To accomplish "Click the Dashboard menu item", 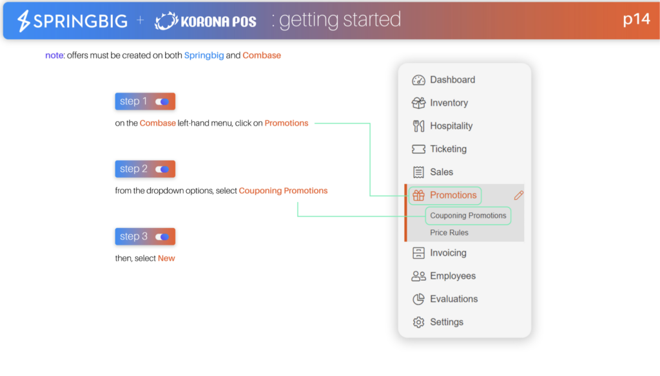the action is (443, 80).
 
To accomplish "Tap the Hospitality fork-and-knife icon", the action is (418, 126).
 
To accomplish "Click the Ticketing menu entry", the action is (440, 149).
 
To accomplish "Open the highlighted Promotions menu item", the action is (445, 196).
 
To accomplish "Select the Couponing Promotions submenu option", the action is (468, 216).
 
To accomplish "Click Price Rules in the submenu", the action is (449, 232).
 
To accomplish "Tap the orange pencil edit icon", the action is (519, 195).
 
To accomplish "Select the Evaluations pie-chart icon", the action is (418, 299).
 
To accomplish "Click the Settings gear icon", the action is (418, 322).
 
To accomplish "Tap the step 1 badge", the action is (145, 101).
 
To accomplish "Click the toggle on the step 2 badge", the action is (162, 169).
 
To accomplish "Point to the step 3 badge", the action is (145, 236).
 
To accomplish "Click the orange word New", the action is (166, 258).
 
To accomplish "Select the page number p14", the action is (636, 19).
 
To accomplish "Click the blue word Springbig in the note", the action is (204, 55).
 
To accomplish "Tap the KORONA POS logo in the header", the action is (206, 21).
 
